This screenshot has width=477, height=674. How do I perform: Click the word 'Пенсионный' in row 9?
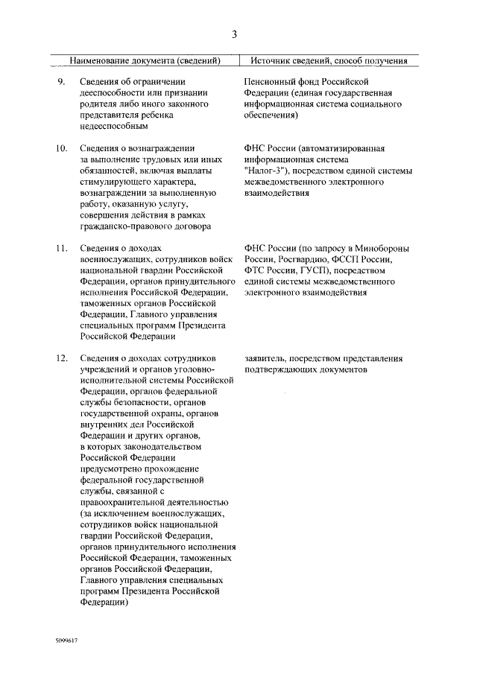(x=271, y=81)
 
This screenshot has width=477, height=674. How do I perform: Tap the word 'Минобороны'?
(x=380, y=249)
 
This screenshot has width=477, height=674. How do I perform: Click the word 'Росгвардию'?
(x=297, y=260)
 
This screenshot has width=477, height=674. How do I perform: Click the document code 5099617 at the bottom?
(x=66, y=640)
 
